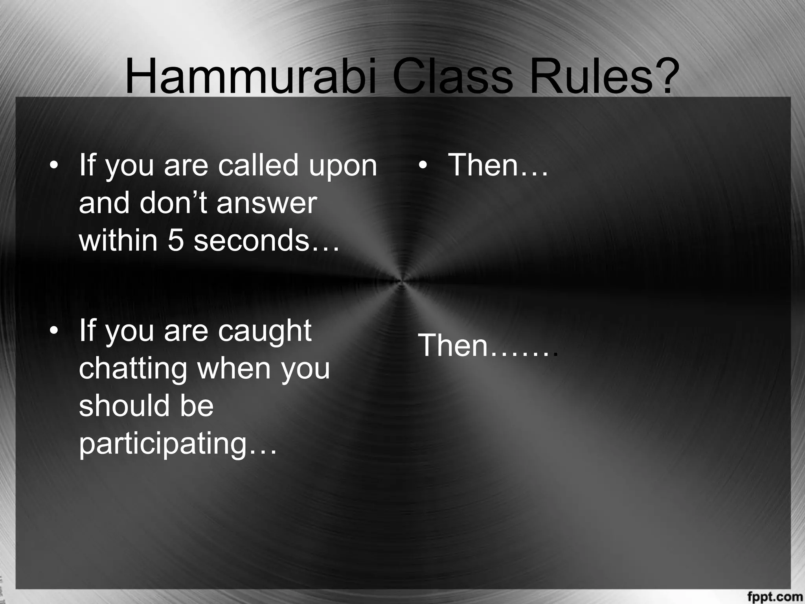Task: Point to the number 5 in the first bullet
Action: click(176, 240)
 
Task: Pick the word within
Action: click(118, 240)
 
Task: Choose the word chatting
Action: click(133, 368)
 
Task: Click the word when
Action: click(233, 368)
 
